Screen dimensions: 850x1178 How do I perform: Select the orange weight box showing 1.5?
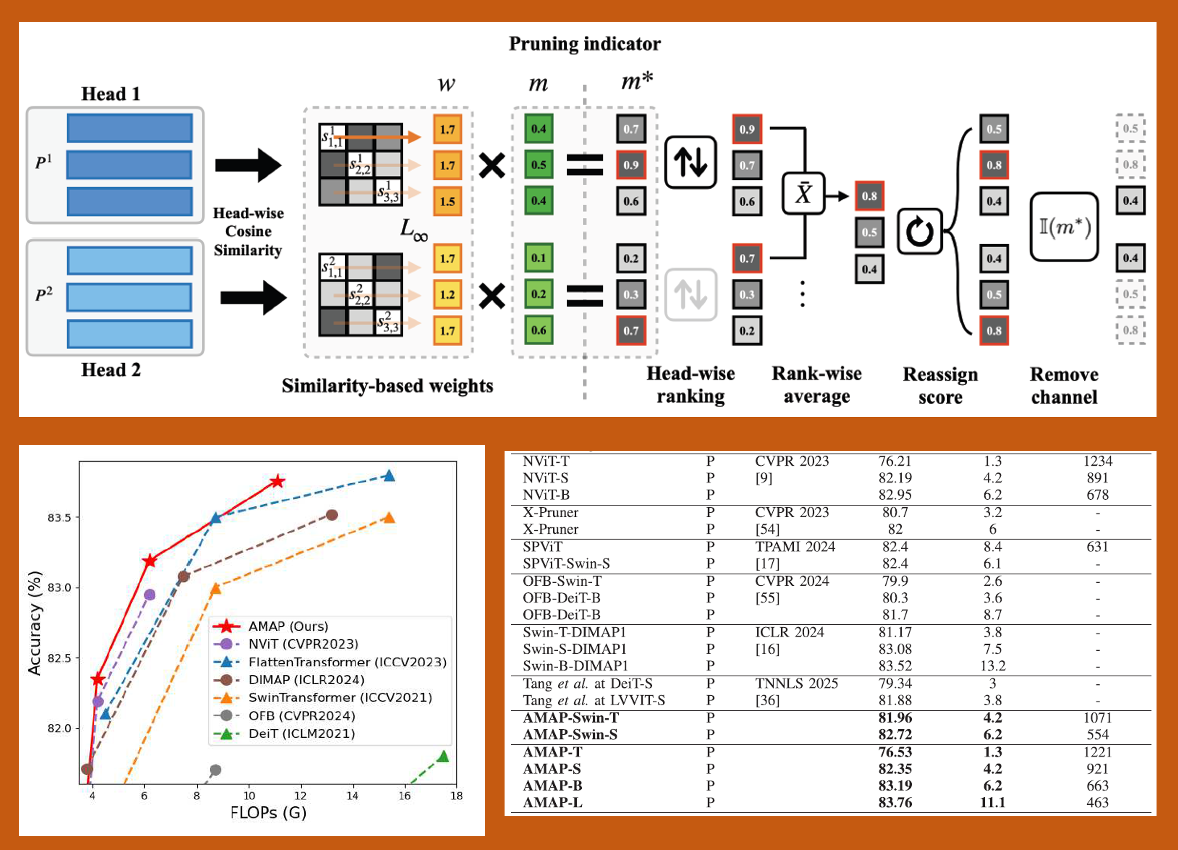coord(447,201)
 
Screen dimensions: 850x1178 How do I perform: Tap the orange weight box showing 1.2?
coord(447,294)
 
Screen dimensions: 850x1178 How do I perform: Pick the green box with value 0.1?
coord(539,258)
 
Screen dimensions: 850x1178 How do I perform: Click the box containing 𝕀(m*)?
coord(1064,227)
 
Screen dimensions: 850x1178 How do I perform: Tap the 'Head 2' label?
coord(111,370)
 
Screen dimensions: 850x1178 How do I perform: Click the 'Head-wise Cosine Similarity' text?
coord(248,232)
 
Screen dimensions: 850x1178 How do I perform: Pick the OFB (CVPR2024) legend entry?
coord(301,716)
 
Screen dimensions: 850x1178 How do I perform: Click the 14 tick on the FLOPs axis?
coord(353,795)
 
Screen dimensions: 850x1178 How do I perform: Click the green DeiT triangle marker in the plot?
coord(443,756)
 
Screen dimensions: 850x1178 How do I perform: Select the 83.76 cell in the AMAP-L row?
coord(895,802)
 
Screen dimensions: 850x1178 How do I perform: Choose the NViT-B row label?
coord(546,495)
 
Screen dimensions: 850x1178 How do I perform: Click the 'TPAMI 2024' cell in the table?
coord(795,546)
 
